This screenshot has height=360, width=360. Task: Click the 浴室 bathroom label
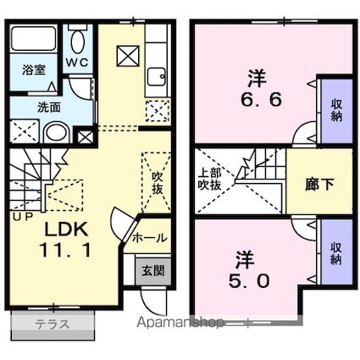(x=34, y=70)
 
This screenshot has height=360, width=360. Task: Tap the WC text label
(x=77, y=63)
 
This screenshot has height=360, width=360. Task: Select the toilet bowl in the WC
(x=78, y=42)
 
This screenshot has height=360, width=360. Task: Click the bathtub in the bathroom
(x=34, y=39)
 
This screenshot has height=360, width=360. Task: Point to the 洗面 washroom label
(x=49, y=108)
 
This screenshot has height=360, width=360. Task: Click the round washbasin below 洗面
(x=57, y=133)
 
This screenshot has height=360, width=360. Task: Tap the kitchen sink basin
(x=156, y=77)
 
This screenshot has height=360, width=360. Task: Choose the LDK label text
(x=67, y=230)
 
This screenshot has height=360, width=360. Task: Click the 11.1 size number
(x=65, y=250)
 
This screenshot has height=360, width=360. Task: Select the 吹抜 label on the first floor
(x=158, y=183)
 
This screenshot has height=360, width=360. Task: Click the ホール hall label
(x=150, y=239)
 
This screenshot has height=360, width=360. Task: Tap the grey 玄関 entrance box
(x=153, y=271)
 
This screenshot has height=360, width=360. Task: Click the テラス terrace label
(x=52, y=324)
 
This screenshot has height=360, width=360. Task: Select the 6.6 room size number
(x=261, y=99)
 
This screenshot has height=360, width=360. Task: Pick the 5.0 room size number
(x=249, y=280)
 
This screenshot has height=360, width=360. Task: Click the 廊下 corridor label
(x=319, y=185)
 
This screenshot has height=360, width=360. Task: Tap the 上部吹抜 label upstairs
(x=209, y=180)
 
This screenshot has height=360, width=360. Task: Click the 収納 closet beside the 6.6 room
(x=336, y=111)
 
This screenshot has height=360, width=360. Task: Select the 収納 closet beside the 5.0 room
(x=336, y=252)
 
